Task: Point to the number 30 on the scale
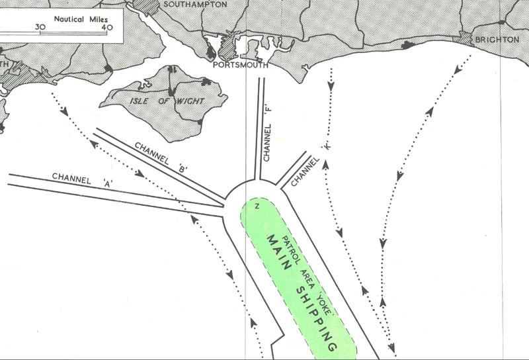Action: [x=40, y=27]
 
